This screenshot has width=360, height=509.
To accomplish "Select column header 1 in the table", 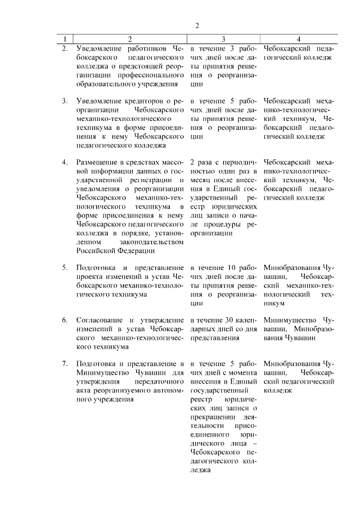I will [x=66, y=39].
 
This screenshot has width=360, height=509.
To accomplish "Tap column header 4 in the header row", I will [x=298, y=39].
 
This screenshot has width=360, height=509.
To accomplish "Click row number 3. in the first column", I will [x=65, y=101].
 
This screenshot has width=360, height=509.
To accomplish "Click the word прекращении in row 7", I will [x=211, y=417].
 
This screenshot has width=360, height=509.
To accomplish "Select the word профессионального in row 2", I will [x=154, y=75].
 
